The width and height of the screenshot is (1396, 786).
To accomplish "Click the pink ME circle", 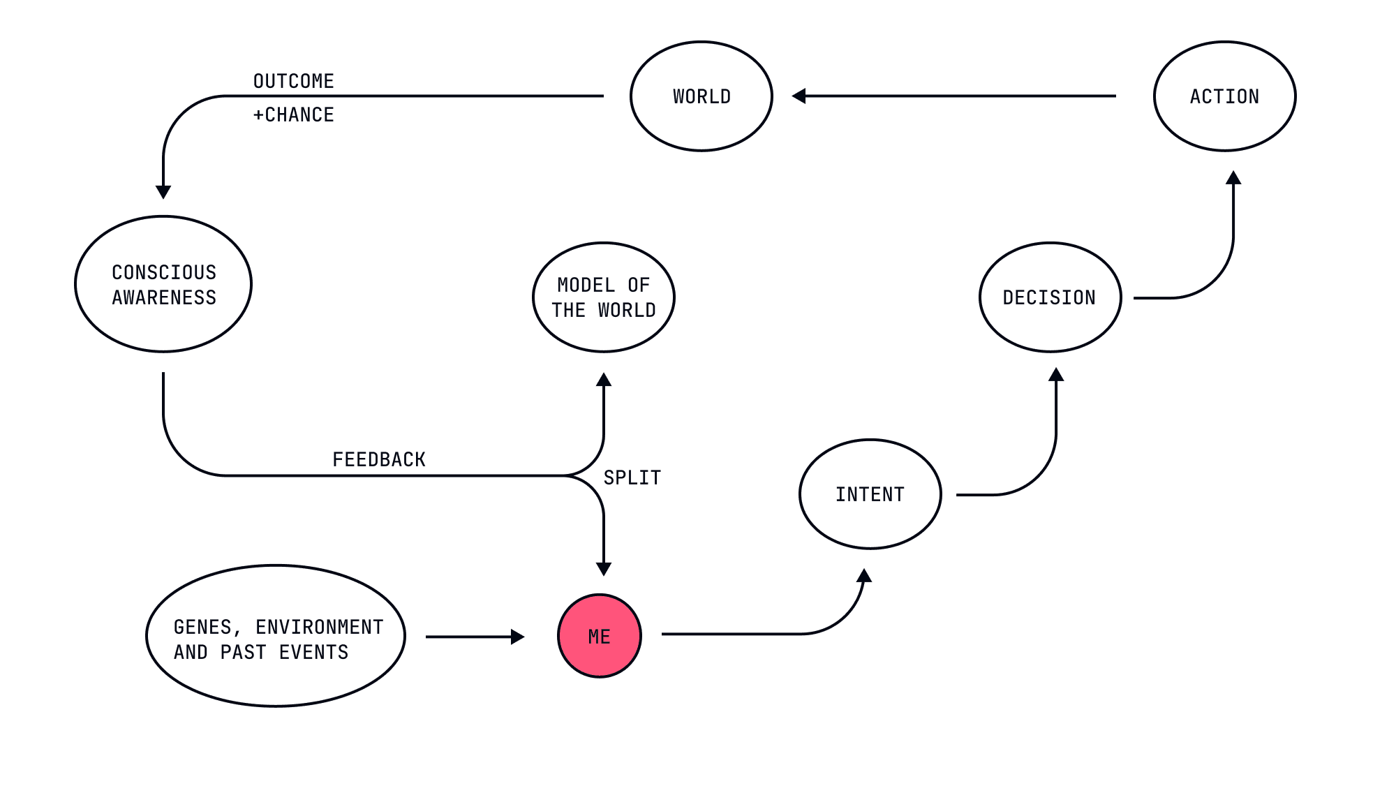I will (600, 636).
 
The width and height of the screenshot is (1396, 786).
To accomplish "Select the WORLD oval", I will (701, 96).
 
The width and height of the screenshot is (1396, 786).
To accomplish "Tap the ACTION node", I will (1224, 96).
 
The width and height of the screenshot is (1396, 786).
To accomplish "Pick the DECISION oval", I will (1050, 297).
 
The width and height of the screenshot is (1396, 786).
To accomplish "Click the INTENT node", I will (870, 494).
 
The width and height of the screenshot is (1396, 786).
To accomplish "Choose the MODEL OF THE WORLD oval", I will (604, 297).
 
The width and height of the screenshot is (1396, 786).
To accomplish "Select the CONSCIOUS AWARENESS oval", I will (163, 284).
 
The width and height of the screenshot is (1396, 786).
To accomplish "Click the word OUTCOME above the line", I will (293, 81).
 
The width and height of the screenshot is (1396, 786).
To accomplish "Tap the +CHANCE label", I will (293, 114).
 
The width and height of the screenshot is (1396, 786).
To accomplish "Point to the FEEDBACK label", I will (379, 459).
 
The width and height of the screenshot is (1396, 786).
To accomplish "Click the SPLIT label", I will (632, 477).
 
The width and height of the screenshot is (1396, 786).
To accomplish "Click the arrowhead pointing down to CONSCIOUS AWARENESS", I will (163, 192).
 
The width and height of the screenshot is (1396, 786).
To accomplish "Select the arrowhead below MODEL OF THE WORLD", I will (604, 380).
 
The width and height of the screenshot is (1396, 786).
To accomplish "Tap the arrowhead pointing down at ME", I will (604, 568).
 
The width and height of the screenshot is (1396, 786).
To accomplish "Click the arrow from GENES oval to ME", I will (475, 637).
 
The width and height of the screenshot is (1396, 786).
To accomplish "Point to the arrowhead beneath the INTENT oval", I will (864, 576).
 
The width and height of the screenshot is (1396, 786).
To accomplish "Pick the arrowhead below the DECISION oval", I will (1056, 375).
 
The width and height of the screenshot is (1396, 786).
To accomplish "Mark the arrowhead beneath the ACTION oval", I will (1233, 178).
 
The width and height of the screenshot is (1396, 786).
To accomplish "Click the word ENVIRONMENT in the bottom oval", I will (319, 627).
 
